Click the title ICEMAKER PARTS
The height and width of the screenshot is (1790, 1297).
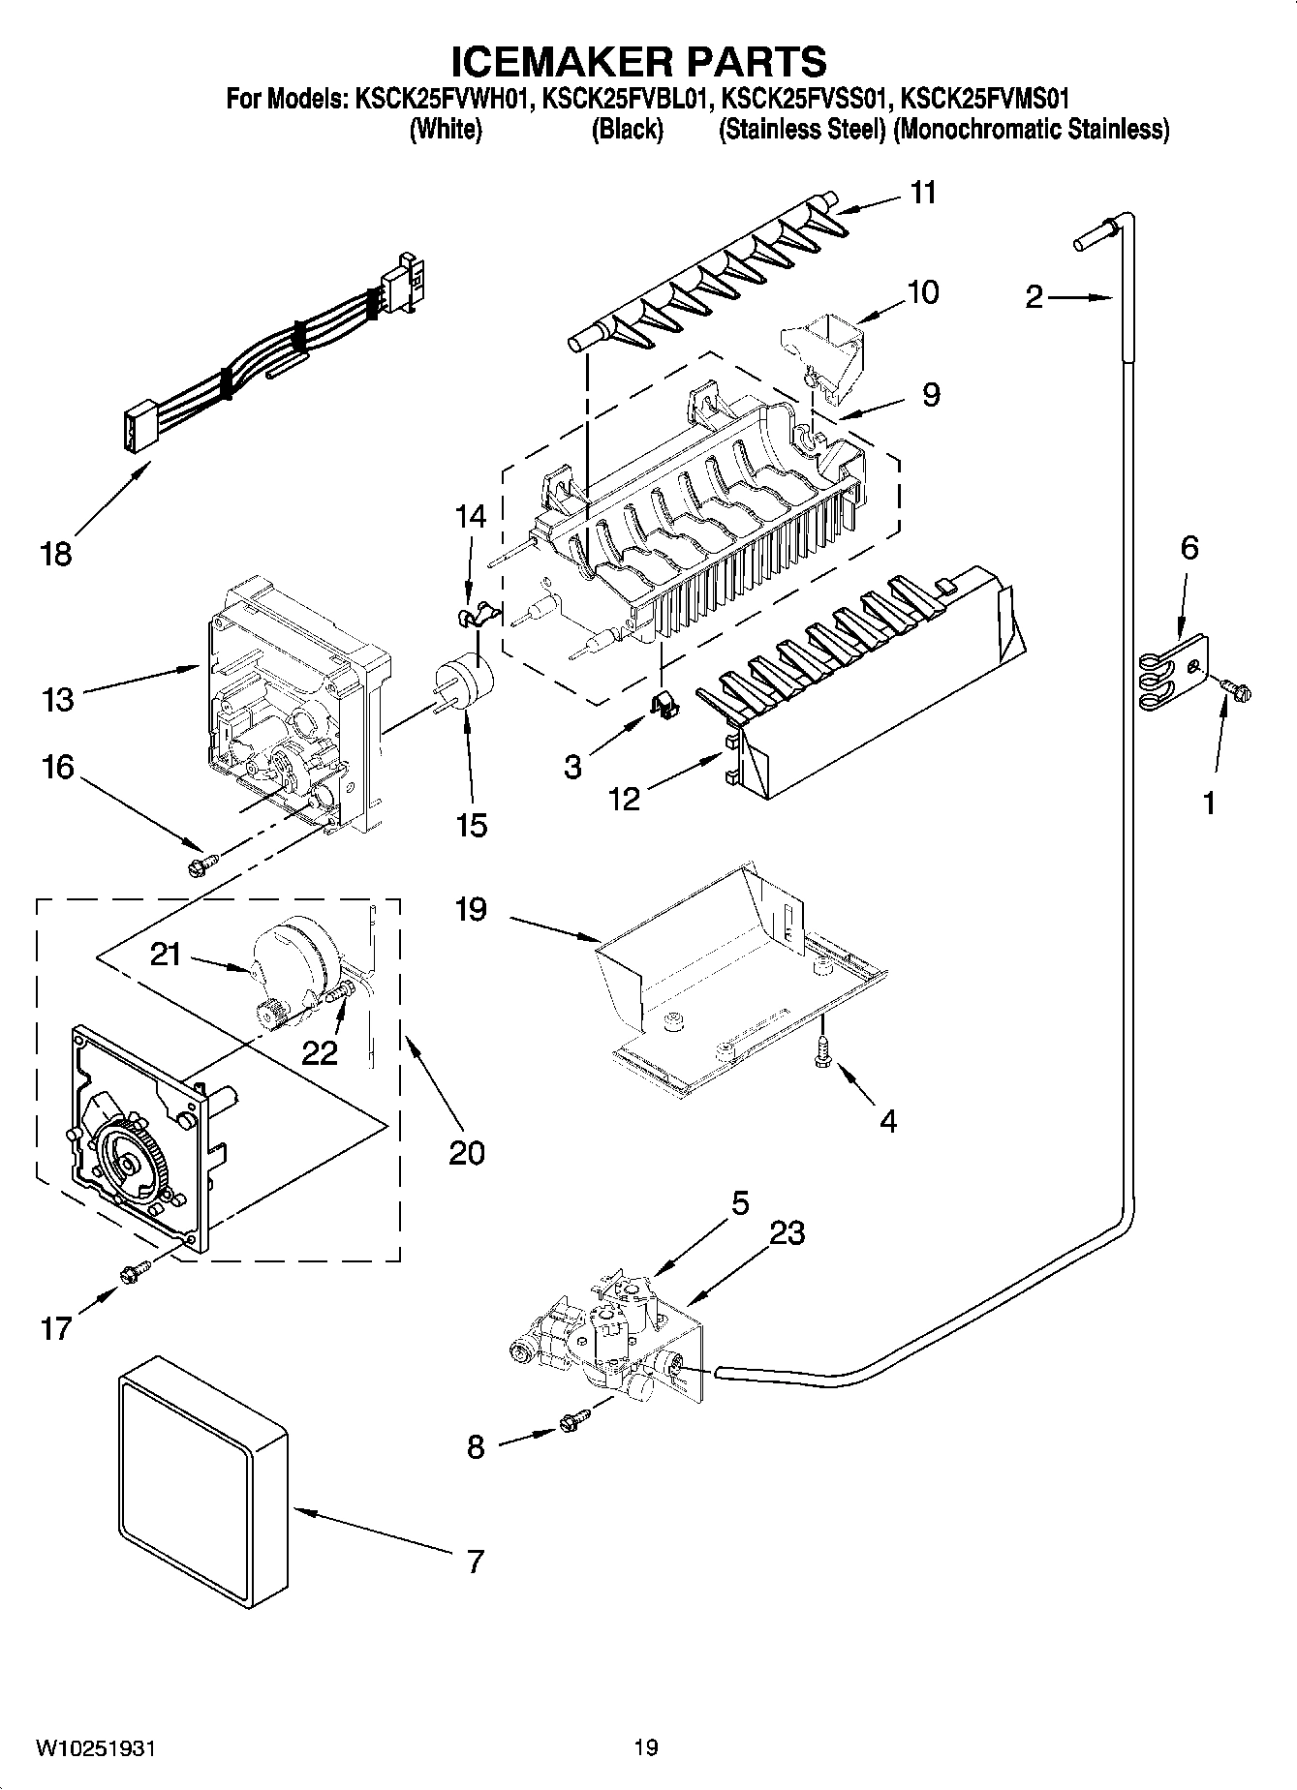click(639, 60)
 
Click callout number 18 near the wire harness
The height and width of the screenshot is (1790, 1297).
click(56, 555)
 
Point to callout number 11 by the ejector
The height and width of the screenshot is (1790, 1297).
click(923, 193)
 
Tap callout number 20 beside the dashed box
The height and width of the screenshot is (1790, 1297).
click(466, 1152)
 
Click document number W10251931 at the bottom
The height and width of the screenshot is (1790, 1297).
click(95, 1747)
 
